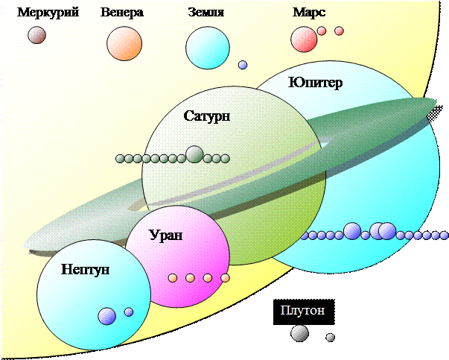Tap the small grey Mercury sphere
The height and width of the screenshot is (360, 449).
click(36, 35)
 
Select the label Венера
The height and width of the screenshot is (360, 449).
click(122, 13)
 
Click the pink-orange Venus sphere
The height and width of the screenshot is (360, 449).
click(124, 44)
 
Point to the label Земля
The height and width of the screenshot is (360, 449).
click(207, 13)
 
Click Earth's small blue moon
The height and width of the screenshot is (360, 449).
click(243, 66)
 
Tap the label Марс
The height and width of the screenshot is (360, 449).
click(310, 13)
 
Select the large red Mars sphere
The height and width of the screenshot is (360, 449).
click(304, 39)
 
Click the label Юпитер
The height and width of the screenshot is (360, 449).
click(315, 82)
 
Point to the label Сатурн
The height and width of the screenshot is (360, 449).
click(206, 116)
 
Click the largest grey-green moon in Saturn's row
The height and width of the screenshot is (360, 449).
click(194, 154)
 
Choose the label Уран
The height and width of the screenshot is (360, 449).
click(165, 236)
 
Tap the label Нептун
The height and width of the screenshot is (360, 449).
click(86, 268)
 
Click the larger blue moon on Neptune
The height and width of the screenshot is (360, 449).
click(107, 316)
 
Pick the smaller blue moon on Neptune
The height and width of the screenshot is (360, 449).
click(129, 312)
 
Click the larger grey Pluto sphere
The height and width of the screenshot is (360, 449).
click(299, 333)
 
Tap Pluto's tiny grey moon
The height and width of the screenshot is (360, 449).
click(330, 338)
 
